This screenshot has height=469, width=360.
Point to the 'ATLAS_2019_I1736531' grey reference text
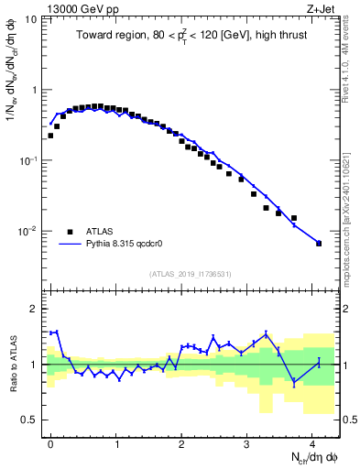(x=191, y=274)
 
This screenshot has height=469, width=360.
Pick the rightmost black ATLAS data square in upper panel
(x=319, y=244)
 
